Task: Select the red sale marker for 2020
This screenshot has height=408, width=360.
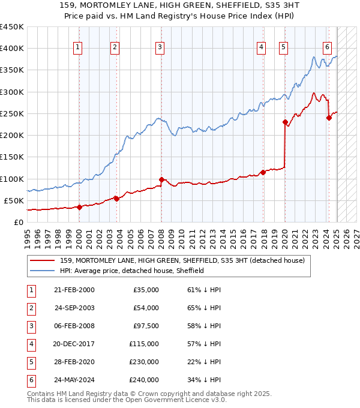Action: (285, 122)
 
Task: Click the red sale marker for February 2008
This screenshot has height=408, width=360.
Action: (161, 179)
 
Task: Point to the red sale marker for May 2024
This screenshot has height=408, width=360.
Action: (329, 118)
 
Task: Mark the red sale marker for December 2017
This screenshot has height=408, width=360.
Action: (263, 172)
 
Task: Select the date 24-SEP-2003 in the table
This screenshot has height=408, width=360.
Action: (74, 308)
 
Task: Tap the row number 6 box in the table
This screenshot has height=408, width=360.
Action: (30, 380)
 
